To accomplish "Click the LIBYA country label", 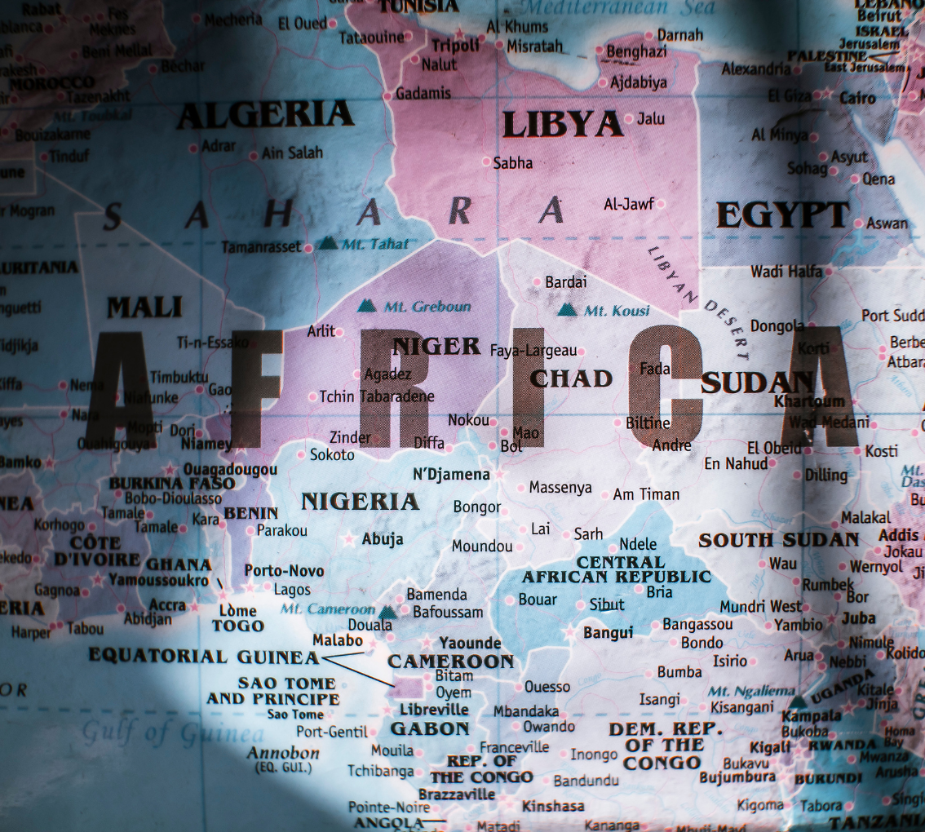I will click(x=563, y=124).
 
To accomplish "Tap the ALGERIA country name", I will click(x=265, y=115).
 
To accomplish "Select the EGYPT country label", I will click(x=783, y=215).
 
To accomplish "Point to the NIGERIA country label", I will click(x=360, y=501).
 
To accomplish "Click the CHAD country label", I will click(x=571, y=378).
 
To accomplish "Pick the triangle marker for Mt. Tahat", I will click(x=327, y=242).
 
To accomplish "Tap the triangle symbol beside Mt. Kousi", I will click(x=568, y=309).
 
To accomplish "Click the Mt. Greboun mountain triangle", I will click(x=367, y=306).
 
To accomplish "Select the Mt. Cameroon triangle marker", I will click(x=387, y=610).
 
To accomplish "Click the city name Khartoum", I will click(x=809, y=401).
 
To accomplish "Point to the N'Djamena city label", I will click(x=451, y=475).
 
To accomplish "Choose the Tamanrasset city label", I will click(x=261, y=247).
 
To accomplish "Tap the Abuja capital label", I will click(x=383, y=538).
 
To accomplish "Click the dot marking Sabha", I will click(x=486, y=162).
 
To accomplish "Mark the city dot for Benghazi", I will click(x=600, y=52).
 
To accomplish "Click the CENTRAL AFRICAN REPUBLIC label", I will click(x=617, y=569).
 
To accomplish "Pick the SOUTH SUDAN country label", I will click(x=778, y=540).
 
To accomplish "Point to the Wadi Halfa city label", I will click(x=786, y=272).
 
